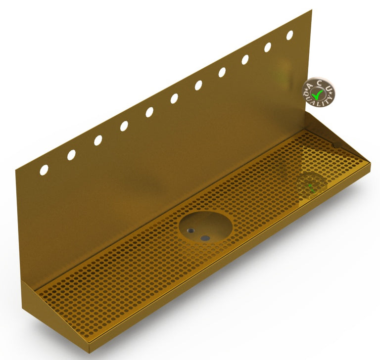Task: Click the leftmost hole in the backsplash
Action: click(44, 170)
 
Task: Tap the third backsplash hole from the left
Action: click(98, 140)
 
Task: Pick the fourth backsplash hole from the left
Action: click(124, 126)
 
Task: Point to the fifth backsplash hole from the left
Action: click(149, 112)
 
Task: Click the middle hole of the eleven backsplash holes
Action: click(175, 98)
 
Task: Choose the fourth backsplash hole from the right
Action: click(222, 72)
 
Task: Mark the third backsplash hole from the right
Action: click(245, 60)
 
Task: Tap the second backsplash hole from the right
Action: click(268, 47)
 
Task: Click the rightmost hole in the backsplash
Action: click(289, 35)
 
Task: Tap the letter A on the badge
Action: click(310, 87)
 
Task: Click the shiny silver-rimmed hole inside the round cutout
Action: click(190, 230)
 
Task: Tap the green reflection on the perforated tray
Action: click(311, 186)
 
